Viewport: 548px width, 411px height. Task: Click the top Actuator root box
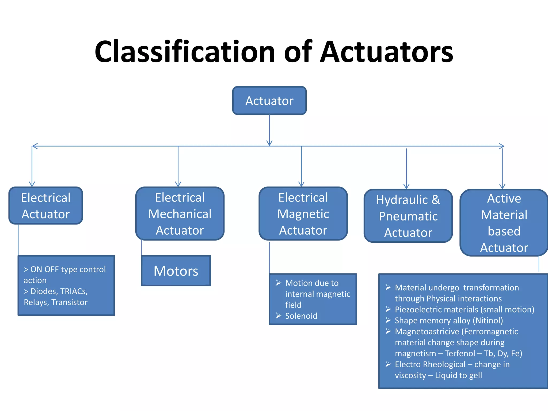tap(269, 101)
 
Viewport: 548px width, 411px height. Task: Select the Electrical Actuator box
tap(46, 205)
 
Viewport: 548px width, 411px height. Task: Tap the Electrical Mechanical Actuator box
tap(180, 214)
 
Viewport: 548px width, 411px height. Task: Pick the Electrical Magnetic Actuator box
tap(303, 214)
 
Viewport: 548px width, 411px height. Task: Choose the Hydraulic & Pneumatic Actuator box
tap(408, 216)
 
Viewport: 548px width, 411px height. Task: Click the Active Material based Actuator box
tap(504, 223)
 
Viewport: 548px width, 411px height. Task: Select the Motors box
tap(176, 271)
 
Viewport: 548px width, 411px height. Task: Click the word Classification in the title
tap(185, 51)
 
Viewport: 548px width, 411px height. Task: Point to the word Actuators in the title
tap(387, 51)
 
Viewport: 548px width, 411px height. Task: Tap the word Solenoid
tap(301, 316)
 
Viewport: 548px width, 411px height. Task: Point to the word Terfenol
tap(460, 353)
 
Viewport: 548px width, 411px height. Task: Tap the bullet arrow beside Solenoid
tap(279, 316)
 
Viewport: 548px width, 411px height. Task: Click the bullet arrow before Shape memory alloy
tap(388, 320)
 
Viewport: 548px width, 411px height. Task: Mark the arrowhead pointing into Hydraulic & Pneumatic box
tap(406, 187)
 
